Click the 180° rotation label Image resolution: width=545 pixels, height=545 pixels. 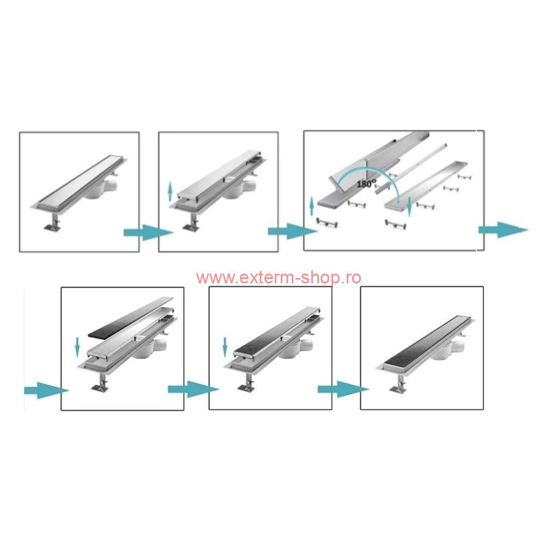point(366,183)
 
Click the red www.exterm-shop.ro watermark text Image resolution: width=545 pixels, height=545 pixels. point(278,278)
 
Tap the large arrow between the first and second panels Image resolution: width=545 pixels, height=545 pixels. point(148,233)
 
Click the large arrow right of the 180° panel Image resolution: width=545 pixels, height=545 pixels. point(503,230)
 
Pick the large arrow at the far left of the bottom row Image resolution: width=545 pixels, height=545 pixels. point(46,390)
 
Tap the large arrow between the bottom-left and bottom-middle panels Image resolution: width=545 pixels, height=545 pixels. point(193,389)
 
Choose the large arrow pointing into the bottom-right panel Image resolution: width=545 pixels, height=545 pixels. point(343,389)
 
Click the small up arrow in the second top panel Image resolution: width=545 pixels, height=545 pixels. point(170,191)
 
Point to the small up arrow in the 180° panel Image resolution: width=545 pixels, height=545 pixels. point(312,206)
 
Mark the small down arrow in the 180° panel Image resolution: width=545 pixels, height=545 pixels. point(409,207)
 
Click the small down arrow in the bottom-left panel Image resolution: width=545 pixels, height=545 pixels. point(77,347)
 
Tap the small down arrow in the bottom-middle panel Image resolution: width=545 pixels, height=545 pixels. point(225,347)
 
